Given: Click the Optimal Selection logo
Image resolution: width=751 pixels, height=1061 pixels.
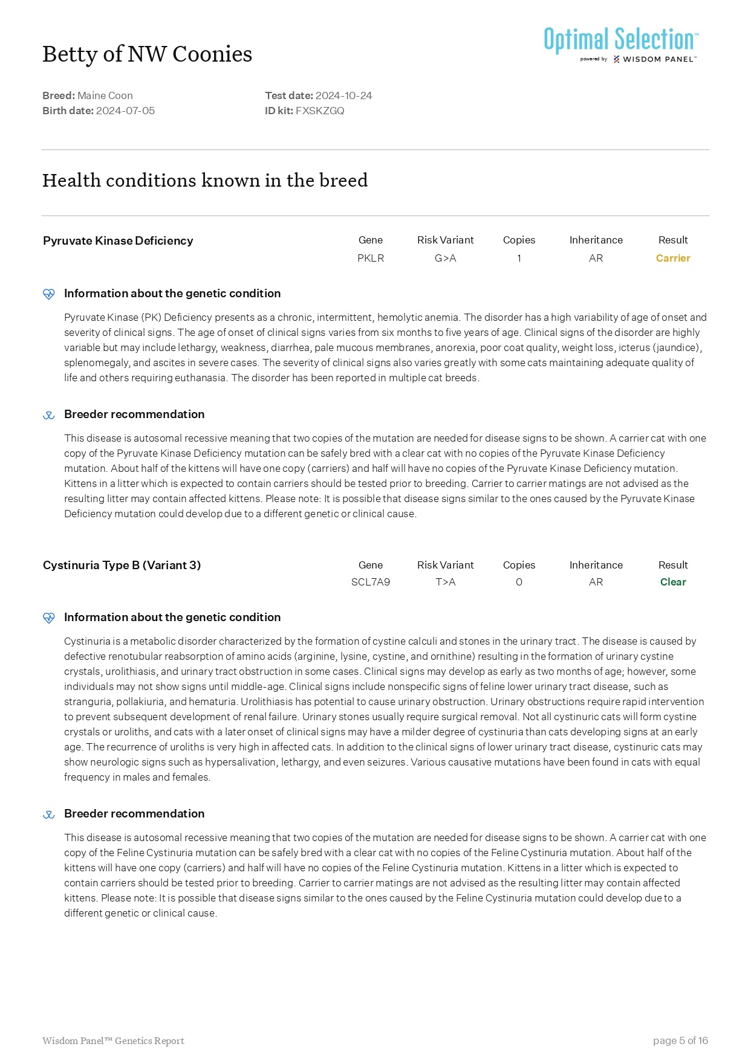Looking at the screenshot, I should click(620, 44).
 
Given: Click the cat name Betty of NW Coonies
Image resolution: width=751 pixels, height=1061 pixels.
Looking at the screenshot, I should click(147, 54).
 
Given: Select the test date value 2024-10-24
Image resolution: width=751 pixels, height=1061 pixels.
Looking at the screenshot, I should click(343, 95).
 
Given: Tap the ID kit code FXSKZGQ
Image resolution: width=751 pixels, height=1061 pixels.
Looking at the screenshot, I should click(320, 111).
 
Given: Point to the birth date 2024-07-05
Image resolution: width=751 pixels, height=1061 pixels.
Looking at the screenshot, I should click(125, 111).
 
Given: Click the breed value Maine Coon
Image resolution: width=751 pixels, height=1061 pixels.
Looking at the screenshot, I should click(105, 95).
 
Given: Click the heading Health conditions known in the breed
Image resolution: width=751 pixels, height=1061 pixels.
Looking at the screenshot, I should click(205, 180).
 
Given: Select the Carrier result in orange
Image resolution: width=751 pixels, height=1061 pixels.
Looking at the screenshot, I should click(672, 258).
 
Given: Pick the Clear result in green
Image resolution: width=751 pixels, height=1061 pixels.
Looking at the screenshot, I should click(672, 582).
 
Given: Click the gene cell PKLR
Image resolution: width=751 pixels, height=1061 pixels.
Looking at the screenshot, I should click(371, 258).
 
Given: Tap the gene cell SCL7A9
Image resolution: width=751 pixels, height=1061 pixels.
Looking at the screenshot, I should click(371, 582).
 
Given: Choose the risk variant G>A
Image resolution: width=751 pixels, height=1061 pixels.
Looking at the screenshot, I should click(445, 258).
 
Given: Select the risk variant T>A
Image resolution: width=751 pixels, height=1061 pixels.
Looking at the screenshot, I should click(445, 582).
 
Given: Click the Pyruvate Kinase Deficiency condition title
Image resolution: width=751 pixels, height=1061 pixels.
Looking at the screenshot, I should click(118, 240).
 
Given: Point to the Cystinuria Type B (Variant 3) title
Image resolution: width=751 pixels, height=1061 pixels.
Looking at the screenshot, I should click(122, 565).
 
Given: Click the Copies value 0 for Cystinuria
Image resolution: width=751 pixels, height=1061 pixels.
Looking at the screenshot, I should click(519, 582).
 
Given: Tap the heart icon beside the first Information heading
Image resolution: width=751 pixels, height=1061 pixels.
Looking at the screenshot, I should click(49, 294).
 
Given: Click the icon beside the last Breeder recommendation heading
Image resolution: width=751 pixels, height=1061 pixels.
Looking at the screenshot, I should click(49, 814).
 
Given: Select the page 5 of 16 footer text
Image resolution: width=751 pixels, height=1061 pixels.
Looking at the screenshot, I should click(680, 1040).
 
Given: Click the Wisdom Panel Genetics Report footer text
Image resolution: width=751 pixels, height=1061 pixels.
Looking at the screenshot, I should click(113, 1040).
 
